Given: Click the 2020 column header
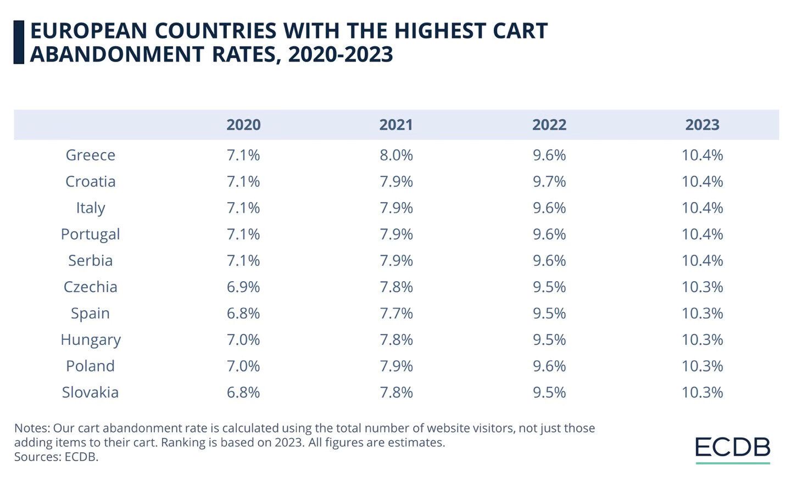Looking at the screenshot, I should point(243,125).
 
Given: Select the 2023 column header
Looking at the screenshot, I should point(702,125).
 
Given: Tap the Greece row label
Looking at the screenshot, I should point(90,155).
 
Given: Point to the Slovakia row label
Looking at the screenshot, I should point(90,392).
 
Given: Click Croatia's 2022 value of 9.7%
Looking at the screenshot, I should point(549,181).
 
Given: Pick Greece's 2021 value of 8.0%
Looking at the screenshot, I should point(396,155).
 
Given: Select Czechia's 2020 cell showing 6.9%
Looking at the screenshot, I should point(243,287).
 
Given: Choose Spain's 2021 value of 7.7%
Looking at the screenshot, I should point(396,313).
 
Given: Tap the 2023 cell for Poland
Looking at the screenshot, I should point(702,366).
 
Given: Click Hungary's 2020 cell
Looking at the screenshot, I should point(243,339).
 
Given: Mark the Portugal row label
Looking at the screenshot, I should point(90,234).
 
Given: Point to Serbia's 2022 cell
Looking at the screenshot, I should point(549,260).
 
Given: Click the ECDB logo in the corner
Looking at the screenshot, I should point(733,447).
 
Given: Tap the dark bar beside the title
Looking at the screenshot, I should point(19,42).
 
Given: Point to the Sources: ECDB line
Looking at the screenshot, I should point(56,457).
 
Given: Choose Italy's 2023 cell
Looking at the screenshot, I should point(702,208).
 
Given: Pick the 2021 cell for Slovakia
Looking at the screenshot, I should point(396,392).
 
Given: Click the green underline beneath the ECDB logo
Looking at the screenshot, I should point(733,463).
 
